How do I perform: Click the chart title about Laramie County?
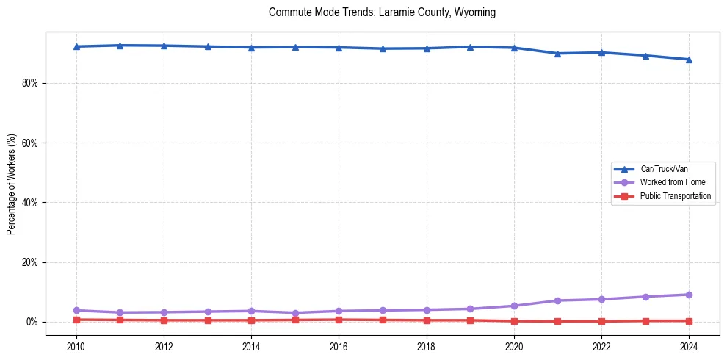pos(382,12)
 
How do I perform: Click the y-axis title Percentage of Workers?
pos(12,184)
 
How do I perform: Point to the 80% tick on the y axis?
pos(30,83)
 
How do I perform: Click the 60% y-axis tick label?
pos(30,143)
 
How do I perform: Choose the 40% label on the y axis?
pos(30,203)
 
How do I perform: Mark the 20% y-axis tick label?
pos(30,262)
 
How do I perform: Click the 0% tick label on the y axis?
pos(32,322)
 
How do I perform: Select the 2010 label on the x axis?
pos(76,346)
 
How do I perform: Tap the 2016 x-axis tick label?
pos(339,346)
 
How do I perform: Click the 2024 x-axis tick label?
pos(689,346)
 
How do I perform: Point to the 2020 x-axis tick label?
pos(514,346)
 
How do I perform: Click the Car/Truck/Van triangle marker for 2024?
pos(689,60)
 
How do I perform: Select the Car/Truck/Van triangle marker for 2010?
pos(76,46)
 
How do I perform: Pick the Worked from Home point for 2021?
pos(557,300)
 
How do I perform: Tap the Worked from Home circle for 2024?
pos(689,295)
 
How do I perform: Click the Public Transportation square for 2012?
pos(164,320)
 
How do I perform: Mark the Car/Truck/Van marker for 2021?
pos(557,54)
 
